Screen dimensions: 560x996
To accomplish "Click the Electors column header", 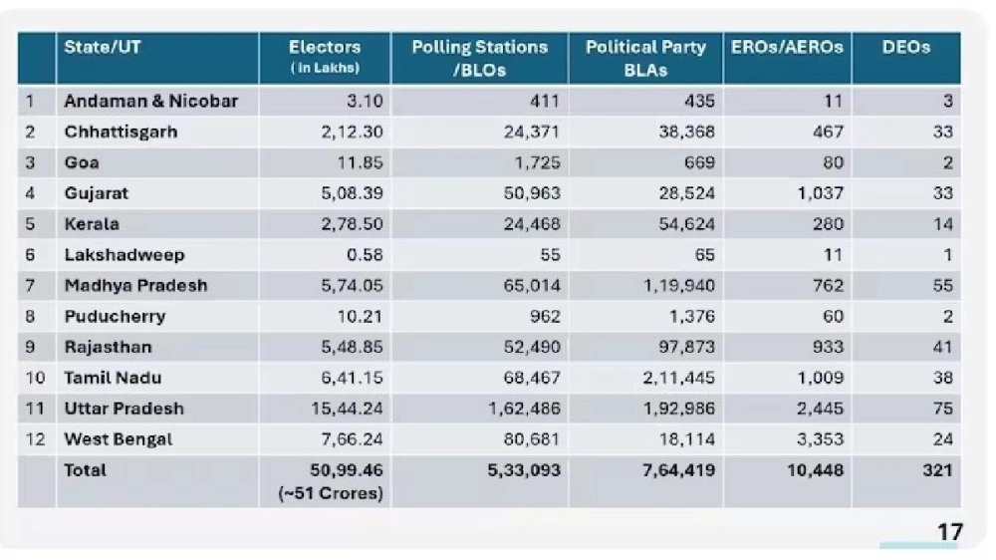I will [325, 48].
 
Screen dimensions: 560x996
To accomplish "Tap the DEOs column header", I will [905, 48].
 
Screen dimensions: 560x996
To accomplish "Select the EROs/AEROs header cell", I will [787, 48].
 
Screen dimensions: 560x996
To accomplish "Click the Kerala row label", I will [92, 224].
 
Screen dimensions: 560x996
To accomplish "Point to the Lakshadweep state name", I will [124, 255].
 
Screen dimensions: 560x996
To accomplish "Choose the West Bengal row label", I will [118, 439].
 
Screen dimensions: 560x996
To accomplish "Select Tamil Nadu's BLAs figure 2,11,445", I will [677, 378].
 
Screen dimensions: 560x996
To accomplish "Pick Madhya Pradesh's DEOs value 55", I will [942, 286].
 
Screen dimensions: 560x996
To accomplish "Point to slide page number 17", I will [949, 532].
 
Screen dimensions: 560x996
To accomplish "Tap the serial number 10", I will [36, 378].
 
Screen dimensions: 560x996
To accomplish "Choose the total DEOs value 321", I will [936, 470].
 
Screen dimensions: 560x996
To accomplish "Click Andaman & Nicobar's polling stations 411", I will [544, 101].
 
